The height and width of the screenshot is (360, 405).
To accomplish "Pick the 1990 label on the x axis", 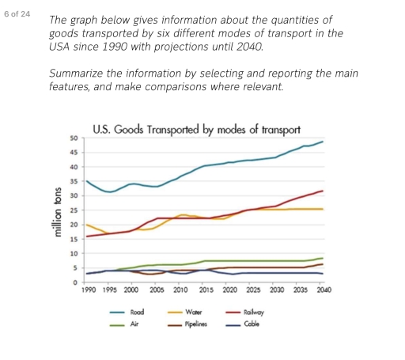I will pos(89,291).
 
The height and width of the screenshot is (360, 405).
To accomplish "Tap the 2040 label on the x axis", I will pos(323,291).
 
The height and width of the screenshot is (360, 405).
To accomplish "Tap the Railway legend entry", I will pos(254,313).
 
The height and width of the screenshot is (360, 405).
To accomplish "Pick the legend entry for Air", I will pos(134,324).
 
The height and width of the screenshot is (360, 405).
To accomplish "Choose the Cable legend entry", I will pos(252,324).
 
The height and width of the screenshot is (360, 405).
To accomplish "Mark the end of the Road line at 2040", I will pos(323,142).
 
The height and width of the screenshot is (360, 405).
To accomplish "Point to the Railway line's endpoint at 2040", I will pos(323,191).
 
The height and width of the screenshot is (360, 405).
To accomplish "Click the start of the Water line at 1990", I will pos(86,225).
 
